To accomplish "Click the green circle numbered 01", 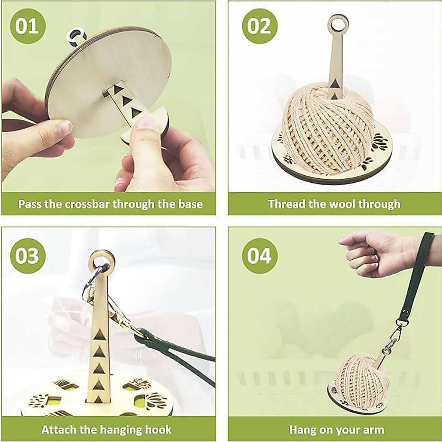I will (27, 26).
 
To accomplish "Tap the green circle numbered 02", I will (259, 26).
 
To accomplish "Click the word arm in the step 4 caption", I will (374, 429).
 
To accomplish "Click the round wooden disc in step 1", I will (107, 70).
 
